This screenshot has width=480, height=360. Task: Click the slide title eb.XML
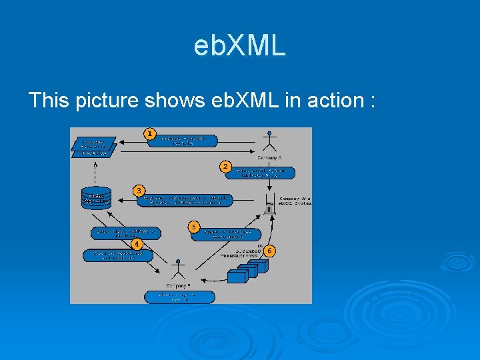[239, 46]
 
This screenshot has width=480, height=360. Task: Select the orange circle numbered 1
[150, 134]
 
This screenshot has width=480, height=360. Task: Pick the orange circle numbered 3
[139, 191]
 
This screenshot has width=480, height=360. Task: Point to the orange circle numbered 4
[137, 244]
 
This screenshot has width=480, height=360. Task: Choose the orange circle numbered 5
[193, 227]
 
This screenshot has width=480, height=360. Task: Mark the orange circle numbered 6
[269, 251]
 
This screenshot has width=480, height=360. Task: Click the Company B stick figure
[178, 269]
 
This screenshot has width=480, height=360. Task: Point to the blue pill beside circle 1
[183, 141]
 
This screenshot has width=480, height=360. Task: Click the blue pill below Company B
[178, 296]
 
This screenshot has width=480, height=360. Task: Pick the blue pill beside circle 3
[186, 200]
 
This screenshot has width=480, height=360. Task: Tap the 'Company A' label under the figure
[269, 158]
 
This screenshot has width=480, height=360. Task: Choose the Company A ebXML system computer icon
[269, 201]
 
